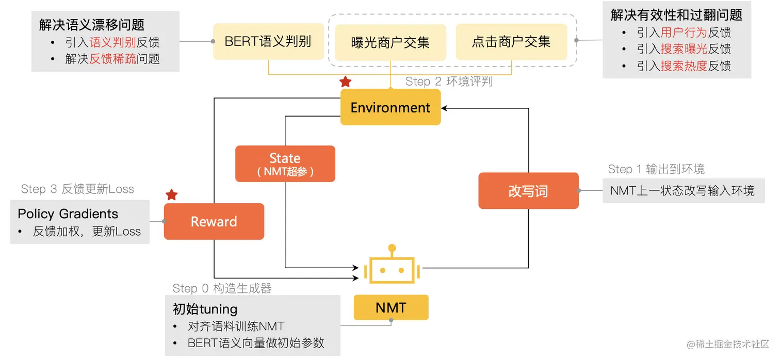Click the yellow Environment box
[391, 107]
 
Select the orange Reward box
[214, 222]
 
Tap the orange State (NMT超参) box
[285, 164]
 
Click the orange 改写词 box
[528, 191]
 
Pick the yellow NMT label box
[391, 308]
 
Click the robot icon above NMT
[392, 267]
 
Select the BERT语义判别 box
[268, 41]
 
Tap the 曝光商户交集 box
[391, 42]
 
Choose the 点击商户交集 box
[511, 42]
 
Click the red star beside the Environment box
[345, 82]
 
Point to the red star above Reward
[172, 195]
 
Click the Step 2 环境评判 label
[449, 81]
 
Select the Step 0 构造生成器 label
[222, 288]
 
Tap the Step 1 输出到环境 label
[656, 169]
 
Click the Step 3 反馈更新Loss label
[77, 189]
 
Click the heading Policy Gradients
[68, 214]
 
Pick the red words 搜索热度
[684, 66]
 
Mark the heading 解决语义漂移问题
[92, 24]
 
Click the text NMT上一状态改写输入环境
[682, 191]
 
